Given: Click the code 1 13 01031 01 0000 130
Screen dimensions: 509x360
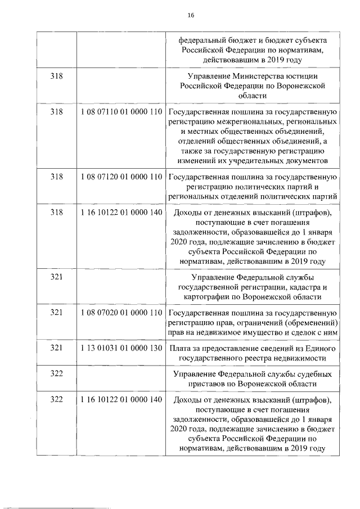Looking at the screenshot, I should pos(121,349).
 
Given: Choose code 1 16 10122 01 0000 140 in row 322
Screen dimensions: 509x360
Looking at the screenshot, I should pos(121,400).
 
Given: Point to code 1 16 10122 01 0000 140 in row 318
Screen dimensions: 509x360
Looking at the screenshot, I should pos(121,213).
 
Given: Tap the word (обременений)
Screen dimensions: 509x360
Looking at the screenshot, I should pos(309,323).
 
